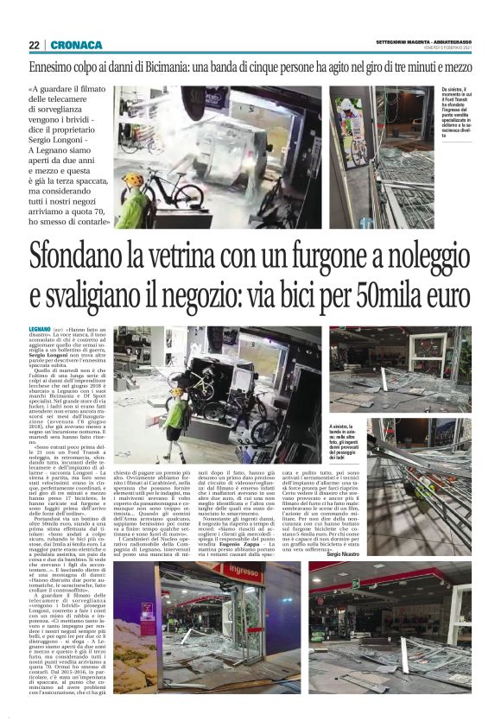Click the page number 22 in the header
34,46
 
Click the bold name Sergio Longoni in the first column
79,354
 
